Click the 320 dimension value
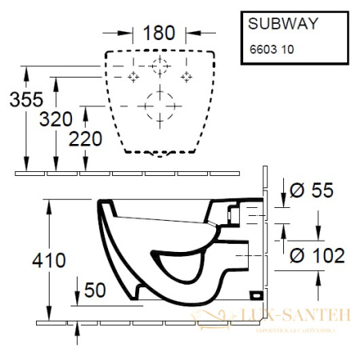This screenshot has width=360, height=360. [x=57, y=119]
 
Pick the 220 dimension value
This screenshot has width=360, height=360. [x=84, y=138]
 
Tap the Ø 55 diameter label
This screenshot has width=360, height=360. [x=310, y=190]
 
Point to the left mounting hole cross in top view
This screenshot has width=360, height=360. [x=134, y=76]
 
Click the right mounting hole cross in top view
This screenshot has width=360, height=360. [x=187, y=76]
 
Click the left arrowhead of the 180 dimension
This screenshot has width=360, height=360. [x=128, y=34]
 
